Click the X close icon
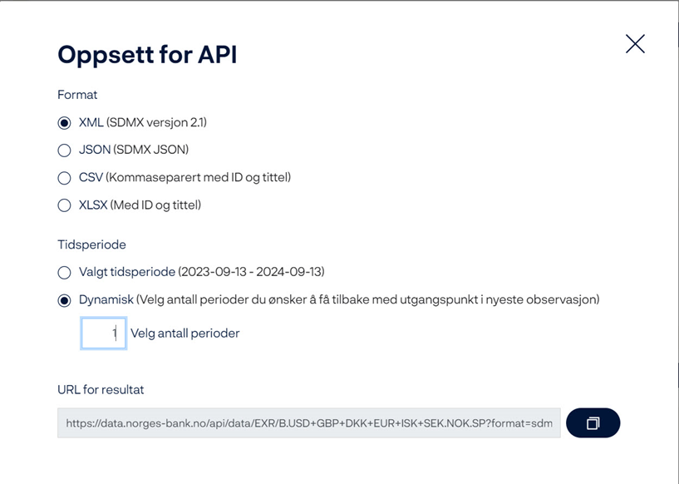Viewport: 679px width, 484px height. tap(635, 44)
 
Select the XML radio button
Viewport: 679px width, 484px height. tap(64, 123)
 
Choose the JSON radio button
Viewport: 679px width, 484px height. tap(64, 151)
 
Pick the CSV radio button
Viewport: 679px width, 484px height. tap(64, 178)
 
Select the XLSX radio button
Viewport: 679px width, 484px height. tap(64, 205)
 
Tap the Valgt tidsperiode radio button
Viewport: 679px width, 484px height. tap(64, 273)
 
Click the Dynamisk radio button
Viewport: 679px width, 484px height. tap(64, 300)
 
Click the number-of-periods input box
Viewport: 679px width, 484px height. tap(104, 333)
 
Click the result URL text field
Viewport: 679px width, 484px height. tap(309, 423)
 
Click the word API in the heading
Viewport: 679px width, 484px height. tap(218, 55)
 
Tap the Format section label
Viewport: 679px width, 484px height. tap(77, 95)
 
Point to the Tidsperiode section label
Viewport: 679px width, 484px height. tap(91, 244)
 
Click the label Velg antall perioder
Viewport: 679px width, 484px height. tap(185, 333)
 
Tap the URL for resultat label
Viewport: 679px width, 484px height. tap(101, 389)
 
